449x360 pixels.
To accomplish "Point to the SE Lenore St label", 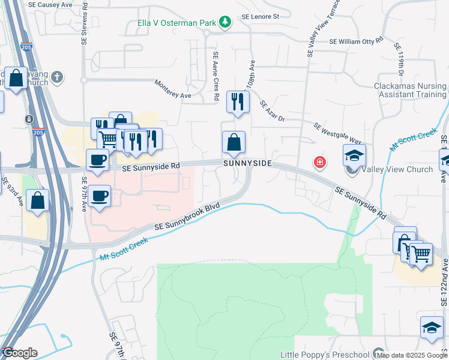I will (x=261, y=17).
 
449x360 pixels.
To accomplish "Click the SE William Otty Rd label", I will (x=356, y=41).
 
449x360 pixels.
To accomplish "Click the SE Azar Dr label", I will (x=271, y=112).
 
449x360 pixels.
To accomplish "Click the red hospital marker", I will (x=320, y=162).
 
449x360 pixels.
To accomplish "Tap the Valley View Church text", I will (x=397, y=169).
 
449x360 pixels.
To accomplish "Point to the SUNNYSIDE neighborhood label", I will (x=249, y=163).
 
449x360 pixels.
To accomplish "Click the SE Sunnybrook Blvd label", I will (x=187, y=217).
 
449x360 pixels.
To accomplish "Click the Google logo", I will (x=20, y=353).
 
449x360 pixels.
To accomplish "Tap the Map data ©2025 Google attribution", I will (x=412, y=355).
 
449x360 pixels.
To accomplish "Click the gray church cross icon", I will (x=57, y=77).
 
